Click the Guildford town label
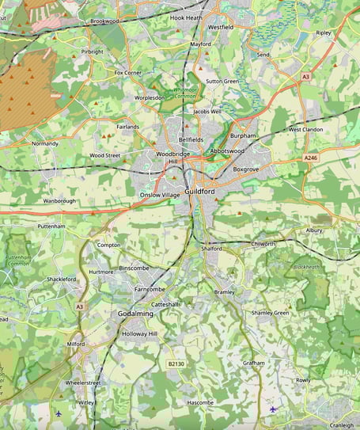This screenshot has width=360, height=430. click(199, 192)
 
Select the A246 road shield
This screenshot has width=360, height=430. click(311, 158)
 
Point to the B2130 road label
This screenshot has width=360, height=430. click(176, 363)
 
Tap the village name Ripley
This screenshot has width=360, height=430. click(324, 33)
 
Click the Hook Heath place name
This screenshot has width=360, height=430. click(187, 17)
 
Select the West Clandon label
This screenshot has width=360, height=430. click(305, 129)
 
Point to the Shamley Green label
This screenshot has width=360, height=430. click(271, 313)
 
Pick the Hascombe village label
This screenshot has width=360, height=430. click(200, 402)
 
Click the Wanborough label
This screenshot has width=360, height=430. click(59, 201)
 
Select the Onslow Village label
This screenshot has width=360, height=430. click(160, 195)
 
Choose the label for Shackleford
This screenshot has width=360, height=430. click(61, 280)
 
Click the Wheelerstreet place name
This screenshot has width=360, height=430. click(83, 382)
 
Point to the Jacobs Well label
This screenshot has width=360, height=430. click(207, 112)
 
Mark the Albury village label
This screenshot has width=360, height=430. click(314, 230)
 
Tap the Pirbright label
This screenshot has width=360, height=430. click(92, 51)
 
